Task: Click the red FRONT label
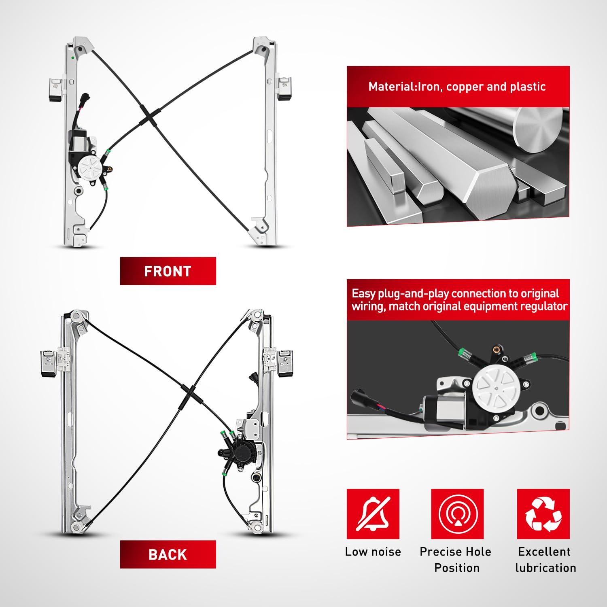pos(168,271)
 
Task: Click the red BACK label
pos(168,554)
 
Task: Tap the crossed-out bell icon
pos(373,514)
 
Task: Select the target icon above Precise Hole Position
pos(457,514)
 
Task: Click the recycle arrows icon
pos(543,514)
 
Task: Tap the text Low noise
pos(373,552)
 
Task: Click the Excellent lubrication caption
pos(545,560)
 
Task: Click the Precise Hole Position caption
pos(456,560)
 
